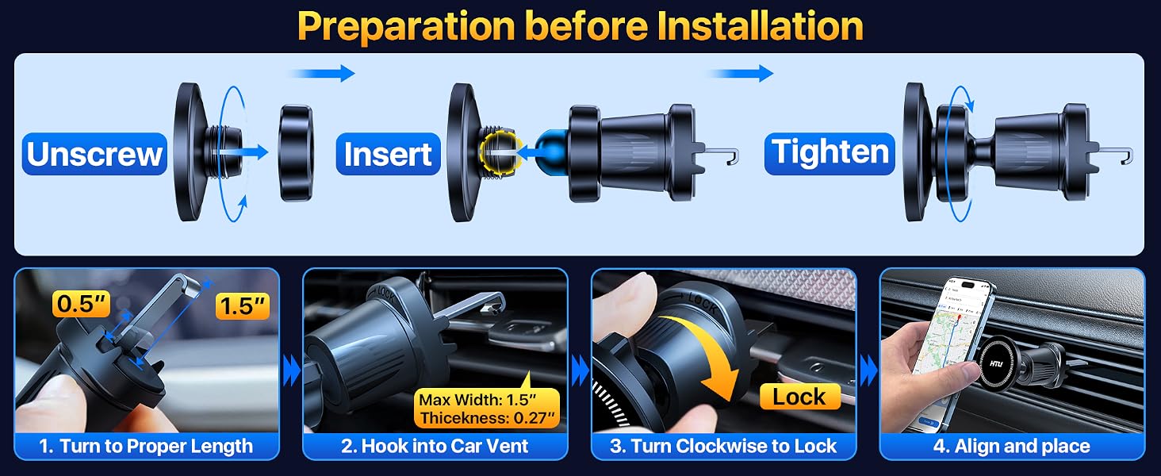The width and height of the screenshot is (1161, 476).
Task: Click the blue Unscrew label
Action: pyautogui.click(x=94, y=154)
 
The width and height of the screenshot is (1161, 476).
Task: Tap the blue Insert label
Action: pyautogui.click(x=389, y=154)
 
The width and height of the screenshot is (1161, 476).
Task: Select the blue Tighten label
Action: pyautogui.click(x=830, y=153)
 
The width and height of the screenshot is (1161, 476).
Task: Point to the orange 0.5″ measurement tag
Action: pyautogui.click(x=82, y=304)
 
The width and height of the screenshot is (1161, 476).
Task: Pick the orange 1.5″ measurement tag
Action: pyautogui.click(x=243, y=306)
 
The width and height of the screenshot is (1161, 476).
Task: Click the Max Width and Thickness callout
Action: pyautogui.click(x=487, y=408)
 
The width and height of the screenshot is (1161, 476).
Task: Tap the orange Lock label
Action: pyautogui.click(x=799, y=397)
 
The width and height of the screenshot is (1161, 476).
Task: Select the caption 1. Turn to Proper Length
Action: pyautogui.click(x=146, y=446)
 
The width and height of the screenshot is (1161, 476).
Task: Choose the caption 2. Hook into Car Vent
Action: pyautogui.click(x=435, y=446)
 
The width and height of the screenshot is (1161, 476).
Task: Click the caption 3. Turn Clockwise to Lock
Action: pyautogui.click(x=723, y=446)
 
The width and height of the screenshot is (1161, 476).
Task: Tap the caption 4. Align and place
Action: pyautogui.click(x=1012, y=446)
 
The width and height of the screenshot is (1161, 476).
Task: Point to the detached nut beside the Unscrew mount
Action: pyautogui.click(x=297, y=153)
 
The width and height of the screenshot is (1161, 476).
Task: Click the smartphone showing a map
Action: pyautogui.click(x=952, y=352)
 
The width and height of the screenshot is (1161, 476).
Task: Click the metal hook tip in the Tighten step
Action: pyautogui.click(x=1127, y=156)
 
